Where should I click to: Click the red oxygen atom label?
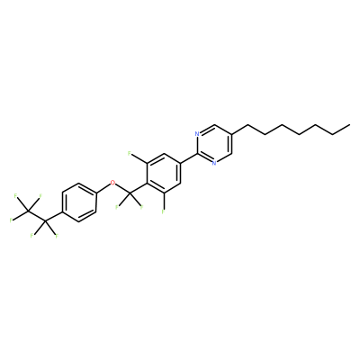(112, 183)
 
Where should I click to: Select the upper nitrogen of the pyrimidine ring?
(197, 134)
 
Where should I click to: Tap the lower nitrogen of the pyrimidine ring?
(214, 163)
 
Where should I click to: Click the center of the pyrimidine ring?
(214, 144)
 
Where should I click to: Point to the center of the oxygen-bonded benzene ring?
(78, 202)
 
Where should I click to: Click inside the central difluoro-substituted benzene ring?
(164, 173)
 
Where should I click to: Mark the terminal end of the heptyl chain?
(350, 124)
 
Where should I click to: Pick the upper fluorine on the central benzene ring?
(130, 154)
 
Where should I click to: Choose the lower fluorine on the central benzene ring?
(164, 211)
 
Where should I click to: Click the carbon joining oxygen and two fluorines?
(130, 193)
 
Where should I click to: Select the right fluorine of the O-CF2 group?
(141, 206)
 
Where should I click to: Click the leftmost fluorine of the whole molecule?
(11, 220)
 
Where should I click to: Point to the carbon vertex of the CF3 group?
(28, 212)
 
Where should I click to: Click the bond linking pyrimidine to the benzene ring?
(189, 158)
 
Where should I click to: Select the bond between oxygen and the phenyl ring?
(103, 188)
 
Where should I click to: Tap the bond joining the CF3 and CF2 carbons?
(37, 217)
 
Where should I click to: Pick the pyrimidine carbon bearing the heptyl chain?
(231, 134)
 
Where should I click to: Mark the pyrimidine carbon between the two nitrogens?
(197, 154)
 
